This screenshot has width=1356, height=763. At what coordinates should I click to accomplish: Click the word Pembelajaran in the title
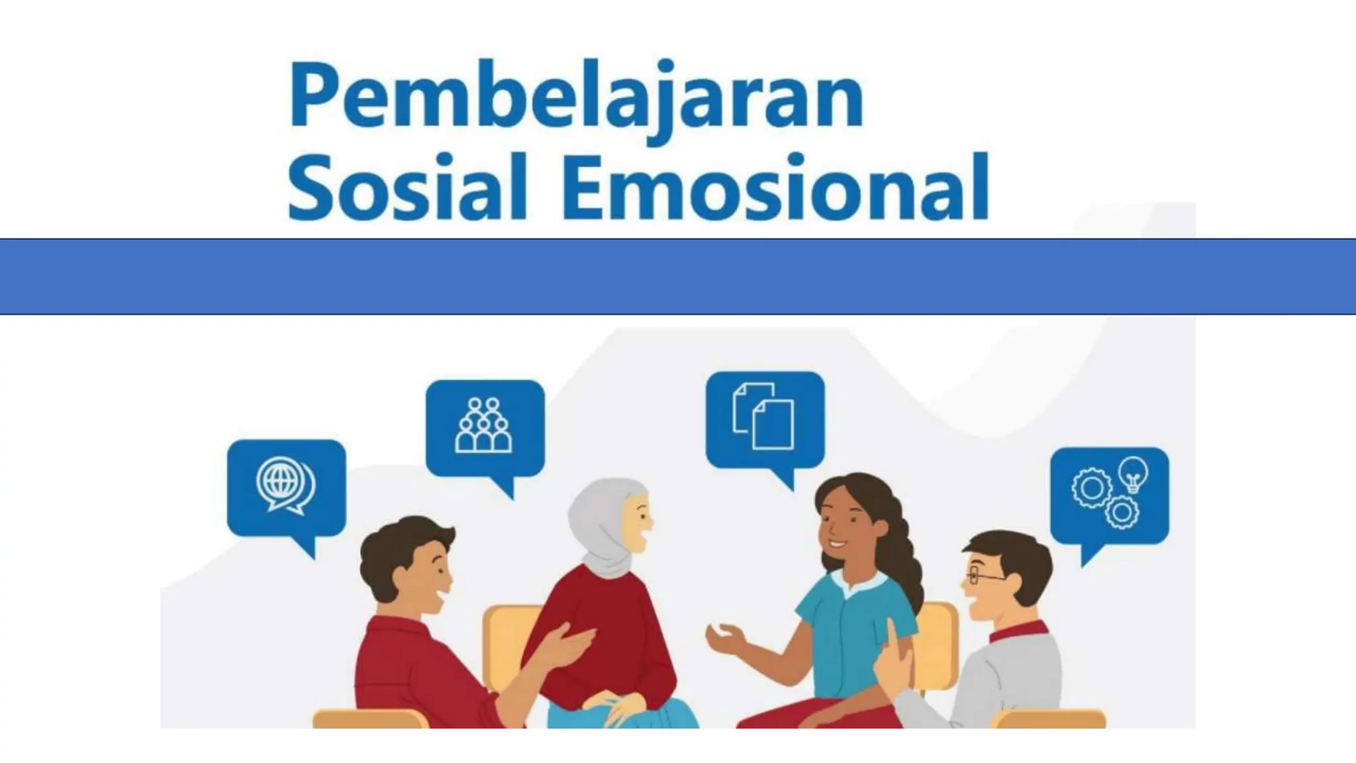click(576, 96)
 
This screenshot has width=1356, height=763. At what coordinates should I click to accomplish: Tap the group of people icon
click(484, 425)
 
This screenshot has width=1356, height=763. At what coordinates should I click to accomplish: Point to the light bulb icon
click(1133, 474)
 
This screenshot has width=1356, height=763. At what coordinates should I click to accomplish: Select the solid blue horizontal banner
click(678, 276)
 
